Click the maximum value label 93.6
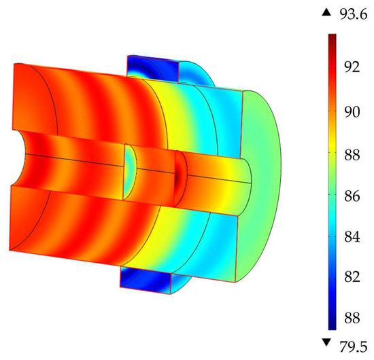click(354, 15)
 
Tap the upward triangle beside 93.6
click(326, 13)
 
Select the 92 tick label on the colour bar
click(352, 67)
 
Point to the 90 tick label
click(352, 112)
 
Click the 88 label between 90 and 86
click(352, 155)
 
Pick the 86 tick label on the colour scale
click(352, 197)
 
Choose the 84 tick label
click(352, 237)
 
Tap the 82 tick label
click(352, 277)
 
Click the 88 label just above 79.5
click(352, 318)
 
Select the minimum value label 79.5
click(354, 347)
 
